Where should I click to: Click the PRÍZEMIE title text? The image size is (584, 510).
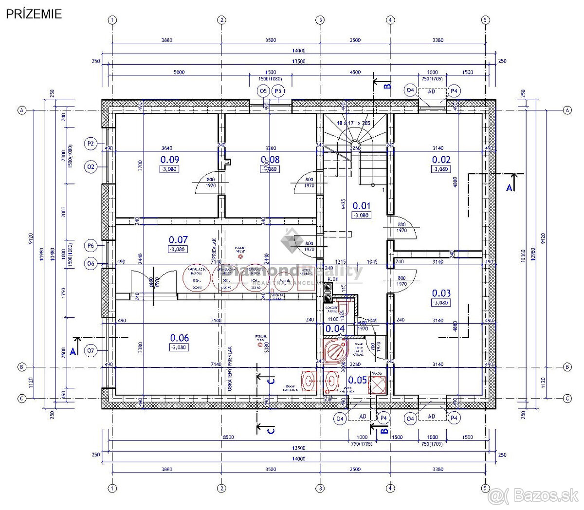[34, 14]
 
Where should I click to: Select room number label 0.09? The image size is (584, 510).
[169, 159]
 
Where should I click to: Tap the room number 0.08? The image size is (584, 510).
[271, 159]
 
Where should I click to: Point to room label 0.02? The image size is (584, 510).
[441, 159]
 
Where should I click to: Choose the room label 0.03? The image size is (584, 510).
[441, 293]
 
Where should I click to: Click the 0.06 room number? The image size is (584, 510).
[179, 338]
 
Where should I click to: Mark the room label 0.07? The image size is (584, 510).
[178, 239]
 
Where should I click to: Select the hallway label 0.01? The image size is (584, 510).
[361, 206]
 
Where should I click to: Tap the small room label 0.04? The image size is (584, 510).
[335, 328]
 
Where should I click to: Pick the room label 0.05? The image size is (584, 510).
[358, 380]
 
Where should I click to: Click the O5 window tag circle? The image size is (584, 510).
[263, 91]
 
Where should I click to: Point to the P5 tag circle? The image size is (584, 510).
[278, 91]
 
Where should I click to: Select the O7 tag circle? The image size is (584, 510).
[91, 350]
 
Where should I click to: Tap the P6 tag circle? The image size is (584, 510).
[91, 246]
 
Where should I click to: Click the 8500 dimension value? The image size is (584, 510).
[228, 437]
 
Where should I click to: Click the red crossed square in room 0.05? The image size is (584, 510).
[377, 384]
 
